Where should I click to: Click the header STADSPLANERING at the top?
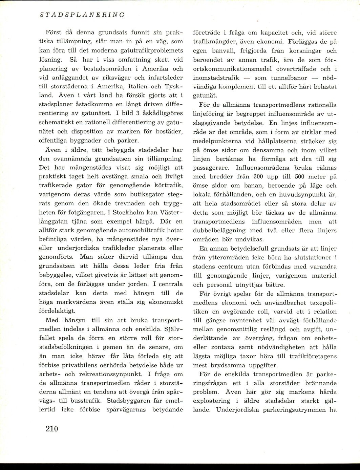pyautogui.click(x=82, y=15)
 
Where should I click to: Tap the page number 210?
pyautogui.click(x=51, y=429)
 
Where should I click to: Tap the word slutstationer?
pyautogui.click(x=310, y=257)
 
